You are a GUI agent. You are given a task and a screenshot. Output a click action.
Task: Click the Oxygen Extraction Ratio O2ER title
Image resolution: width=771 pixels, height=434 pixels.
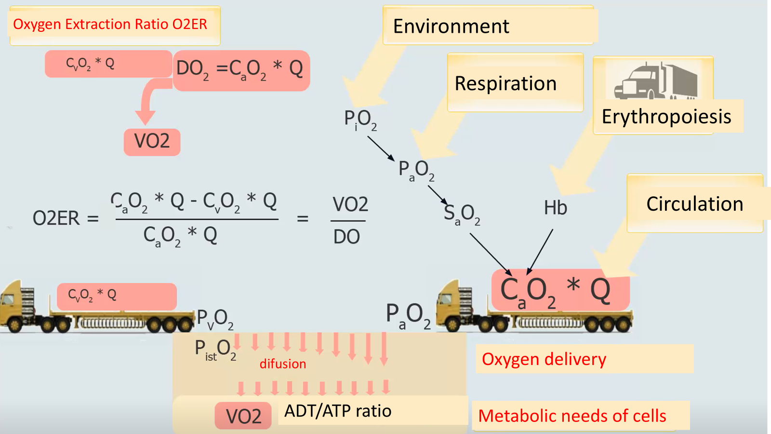110,24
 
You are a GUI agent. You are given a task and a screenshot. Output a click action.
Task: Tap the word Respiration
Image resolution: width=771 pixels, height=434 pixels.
505,83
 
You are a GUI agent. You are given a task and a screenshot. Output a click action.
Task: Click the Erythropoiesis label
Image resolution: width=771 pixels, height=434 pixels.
666,117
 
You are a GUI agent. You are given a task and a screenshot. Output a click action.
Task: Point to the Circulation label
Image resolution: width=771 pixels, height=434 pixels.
694,204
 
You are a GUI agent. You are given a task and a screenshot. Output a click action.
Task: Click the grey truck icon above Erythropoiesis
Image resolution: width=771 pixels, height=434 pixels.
655,81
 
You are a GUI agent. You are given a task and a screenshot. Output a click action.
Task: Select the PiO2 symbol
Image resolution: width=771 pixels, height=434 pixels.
360,119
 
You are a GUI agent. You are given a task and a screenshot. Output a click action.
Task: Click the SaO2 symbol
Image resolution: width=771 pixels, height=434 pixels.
462,214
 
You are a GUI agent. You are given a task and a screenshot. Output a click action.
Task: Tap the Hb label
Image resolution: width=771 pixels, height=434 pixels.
555,208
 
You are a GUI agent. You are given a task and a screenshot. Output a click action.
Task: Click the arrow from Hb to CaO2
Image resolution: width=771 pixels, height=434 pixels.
540,251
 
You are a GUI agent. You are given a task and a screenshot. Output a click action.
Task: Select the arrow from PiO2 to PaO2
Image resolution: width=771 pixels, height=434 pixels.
381,148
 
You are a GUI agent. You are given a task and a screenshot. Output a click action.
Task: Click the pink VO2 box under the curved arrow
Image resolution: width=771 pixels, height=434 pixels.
152,142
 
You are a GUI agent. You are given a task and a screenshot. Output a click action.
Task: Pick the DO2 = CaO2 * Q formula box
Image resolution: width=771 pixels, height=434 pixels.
240,70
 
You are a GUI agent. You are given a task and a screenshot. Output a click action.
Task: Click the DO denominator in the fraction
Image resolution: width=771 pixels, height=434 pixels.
346,237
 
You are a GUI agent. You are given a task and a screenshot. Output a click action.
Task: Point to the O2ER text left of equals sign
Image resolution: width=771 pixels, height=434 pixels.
56,218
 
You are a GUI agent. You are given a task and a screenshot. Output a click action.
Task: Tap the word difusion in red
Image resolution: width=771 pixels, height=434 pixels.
282,364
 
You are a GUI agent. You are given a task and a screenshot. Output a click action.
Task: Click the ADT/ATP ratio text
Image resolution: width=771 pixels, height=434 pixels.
337,411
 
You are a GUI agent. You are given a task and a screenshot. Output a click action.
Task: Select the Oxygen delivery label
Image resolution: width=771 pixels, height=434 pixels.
544,359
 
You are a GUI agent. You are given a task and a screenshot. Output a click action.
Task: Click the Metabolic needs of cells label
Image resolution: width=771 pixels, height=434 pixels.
572,416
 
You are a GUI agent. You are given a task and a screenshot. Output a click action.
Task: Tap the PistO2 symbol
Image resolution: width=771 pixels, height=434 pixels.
215,350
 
